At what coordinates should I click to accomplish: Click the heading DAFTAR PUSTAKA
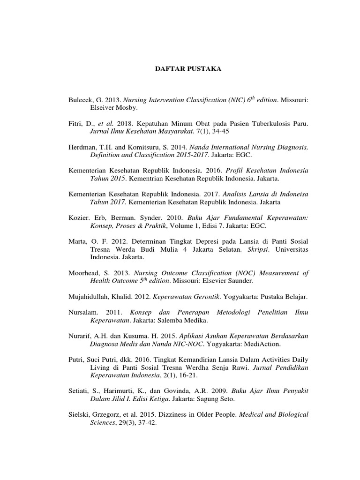point(188,69)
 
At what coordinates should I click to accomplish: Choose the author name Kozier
point(79,218)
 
